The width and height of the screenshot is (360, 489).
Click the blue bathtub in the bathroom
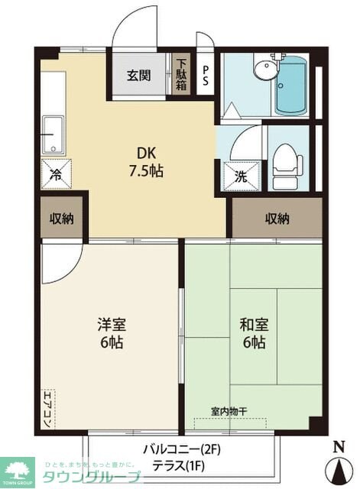[x=290, y=86]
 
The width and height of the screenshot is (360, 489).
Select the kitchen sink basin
[x=54, y=133]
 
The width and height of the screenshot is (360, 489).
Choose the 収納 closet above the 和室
[x=277, y=219]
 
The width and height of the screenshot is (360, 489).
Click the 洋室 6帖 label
[x=111, y=332]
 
